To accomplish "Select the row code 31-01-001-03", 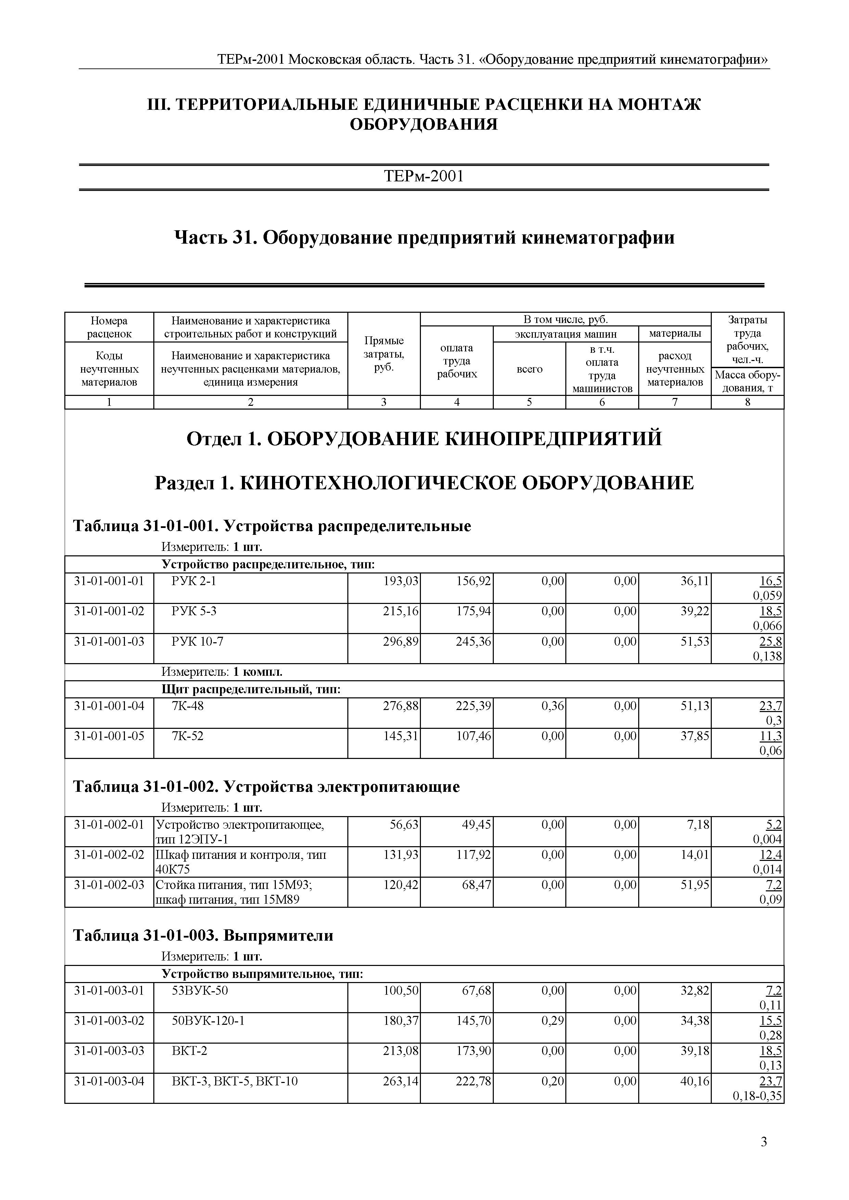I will (109, 641).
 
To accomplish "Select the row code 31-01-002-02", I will (109, 855).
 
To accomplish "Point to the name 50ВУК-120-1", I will (208, 1021).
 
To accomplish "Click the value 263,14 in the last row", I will (401, 1081).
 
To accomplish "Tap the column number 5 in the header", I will (529, 402).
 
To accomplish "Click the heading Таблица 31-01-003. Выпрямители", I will (203, 935).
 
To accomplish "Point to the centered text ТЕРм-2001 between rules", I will (424, 176).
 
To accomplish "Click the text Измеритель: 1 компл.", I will (222, 672).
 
